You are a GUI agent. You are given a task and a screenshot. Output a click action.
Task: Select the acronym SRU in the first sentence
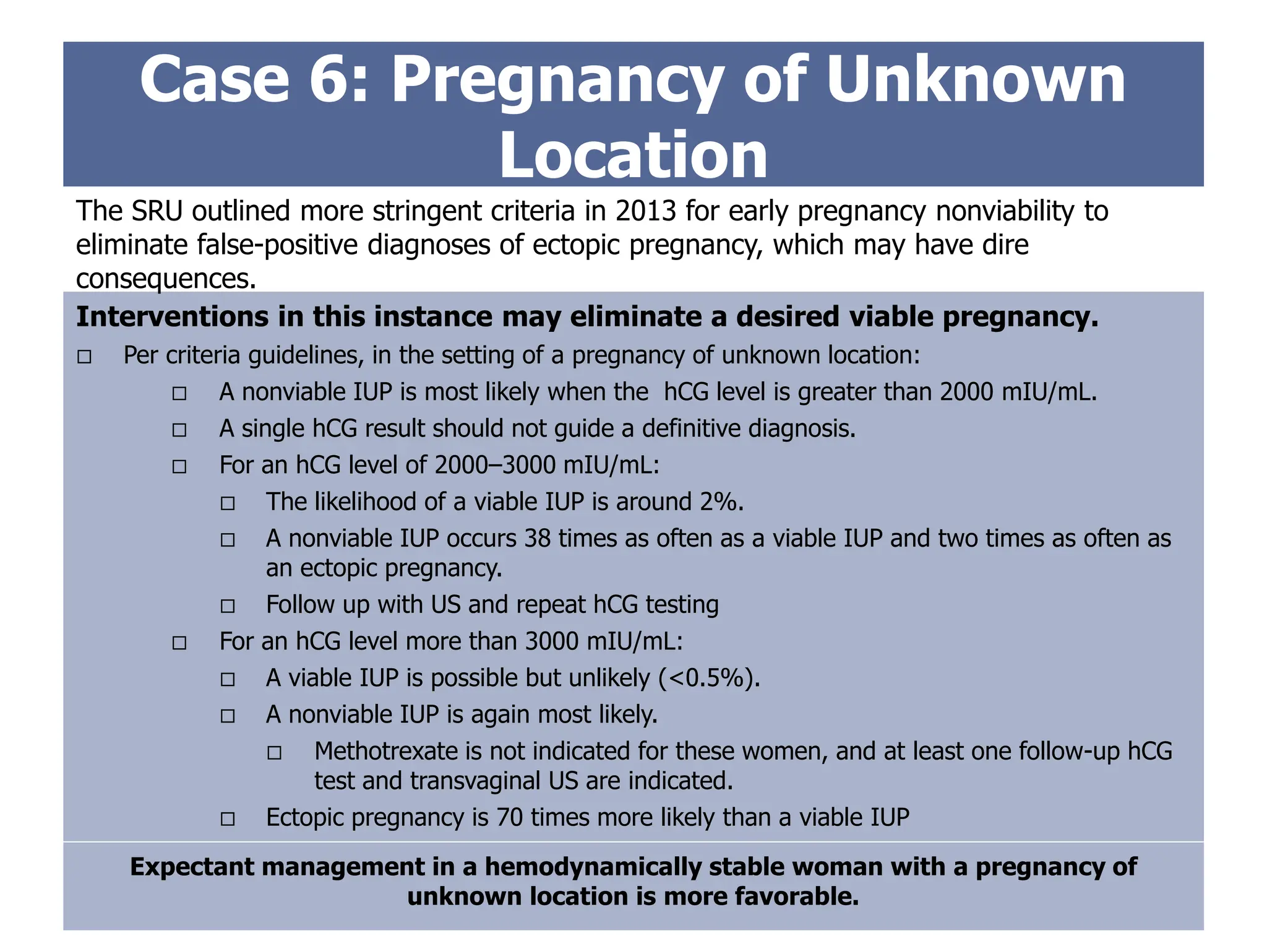point(156,211)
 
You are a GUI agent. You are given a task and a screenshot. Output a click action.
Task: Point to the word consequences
point(165,279)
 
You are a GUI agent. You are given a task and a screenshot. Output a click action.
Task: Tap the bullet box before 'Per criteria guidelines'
point(85,357)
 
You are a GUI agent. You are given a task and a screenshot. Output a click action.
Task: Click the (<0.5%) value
point(709,678)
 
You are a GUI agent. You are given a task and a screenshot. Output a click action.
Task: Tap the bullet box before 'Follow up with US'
point(228,606)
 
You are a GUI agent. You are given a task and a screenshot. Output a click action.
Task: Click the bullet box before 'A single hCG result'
point(179,430)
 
